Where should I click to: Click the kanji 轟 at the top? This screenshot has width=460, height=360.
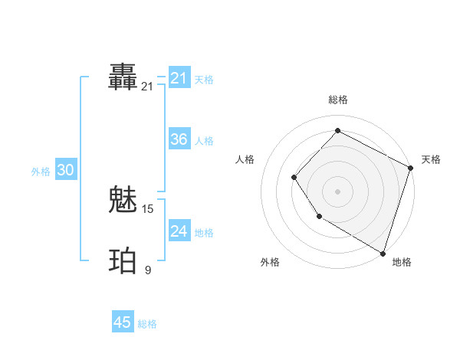pos(123,78)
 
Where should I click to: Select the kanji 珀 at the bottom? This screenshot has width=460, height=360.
pos(123,260)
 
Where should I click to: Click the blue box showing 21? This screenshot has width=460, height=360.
pos(179,78)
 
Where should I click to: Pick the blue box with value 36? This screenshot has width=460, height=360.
pos(179,139)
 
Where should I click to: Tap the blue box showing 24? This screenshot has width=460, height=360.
pos(179,231)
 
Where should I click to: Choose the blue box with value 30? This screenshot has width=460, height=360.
pos(65,171)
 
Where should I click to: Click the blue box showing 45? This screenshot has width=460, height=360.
pos(123,322)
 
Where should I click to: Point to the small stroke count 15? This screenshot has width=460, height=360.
pos(148,209)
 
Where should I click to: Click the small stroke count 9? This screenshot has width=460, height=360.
pos(148,270)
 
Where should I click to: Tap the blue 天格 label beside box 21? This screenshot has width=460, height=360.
pos(204,80)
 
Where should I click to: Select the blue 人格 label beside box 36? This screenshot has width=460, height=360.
pos(204,141)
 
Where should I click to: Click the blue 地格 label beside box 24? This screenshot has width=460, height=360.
pos(204,233)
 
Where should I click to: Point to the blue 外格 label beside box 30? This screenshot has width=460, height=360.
pos(41,172)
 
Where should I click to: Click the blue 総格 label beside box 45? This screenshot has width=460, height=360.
pos(147,324)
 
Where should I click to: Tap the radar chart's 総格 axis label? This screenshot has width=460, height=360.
pos(337,100)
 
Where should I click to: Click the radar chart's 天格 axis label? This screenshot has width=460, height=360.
pos(431,159)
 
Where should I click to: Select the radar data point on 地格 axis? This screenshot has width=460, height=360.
pos(383,252)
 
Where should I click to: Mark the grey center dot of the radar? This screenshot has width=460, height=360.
pos(337,191)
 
